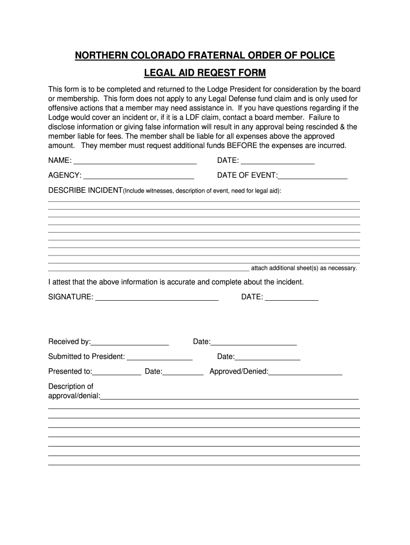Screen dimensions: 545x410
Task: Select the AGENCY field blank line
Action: click(x=138, y=176)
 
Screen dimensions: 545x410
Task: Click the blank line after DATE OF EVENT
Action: click(x=313, y=176)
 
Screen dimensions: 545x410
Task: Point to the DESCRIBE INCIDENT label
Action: click(x=85, y=191)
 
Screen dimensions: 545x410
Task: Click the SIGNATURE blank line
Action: click(x=157, y=298)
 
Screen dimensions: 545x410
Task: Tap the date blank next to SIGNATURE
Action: click(x=291, y=298)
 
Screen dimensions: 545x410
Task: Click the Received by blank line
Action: click(x=130, y=342)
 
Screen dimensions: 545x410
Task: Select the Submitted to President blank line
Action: click(x=159, y=357)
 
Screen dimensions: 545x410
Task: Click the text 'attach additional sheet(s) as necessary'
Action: click(x=304, y=268)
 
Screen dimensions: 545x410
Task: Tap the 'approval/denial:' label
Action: click(x=74, y=396)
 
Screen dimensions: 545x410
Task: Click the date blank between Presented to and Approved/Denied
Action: click(x=183, y=372)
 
